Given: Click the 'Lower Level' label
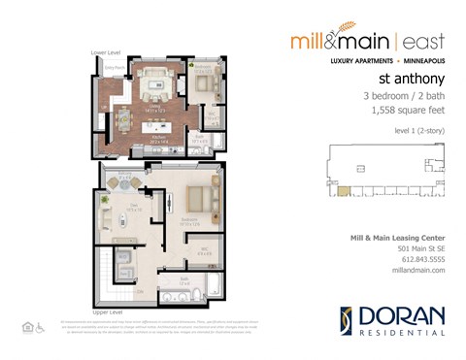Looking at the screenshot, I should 104,53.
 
